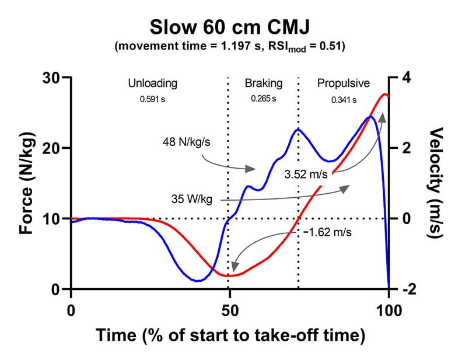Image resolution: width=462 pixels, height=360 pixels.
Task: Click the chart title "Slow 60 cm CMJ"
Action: (x=231, y=27)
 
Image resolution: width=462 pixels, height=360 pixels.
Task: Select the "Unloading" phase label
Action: (x=152, y=83)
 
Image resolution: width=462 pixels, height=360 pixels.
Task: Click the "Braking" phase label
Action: (x=263, y=83)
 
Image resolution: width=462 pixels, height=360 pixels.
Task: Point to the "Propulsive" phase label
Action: (x=344, y=83)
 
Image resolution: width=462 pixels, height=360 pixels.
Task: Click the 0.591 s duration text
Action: (x=152, y=99)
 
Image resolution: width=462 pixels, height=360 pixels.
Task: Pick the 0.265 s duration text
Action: (x=264, y=99)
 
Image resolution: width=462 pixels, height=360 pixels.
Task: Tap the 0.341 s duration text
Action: (x=344, y=99)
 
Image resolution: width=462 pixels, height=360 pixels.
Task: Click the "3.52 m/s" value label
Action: (x=307, y=173)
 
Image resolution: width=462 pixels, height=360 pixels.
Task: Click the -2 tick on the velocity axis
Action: (x=410, y=290)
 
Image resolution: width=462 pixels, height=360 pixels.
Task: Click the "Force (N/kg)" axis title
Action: (x=26, y=183)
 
